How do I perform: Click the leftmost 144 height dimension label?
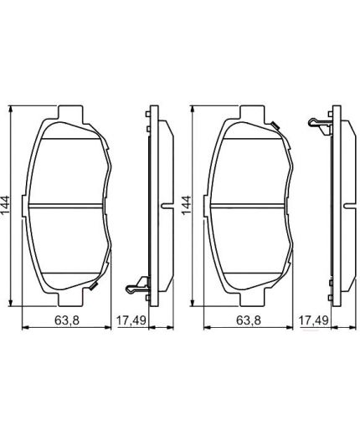(7, 204)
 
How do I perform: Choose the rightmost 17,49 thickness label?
(315, 320)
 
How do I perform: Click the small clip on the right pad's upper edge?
(274, 125)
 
